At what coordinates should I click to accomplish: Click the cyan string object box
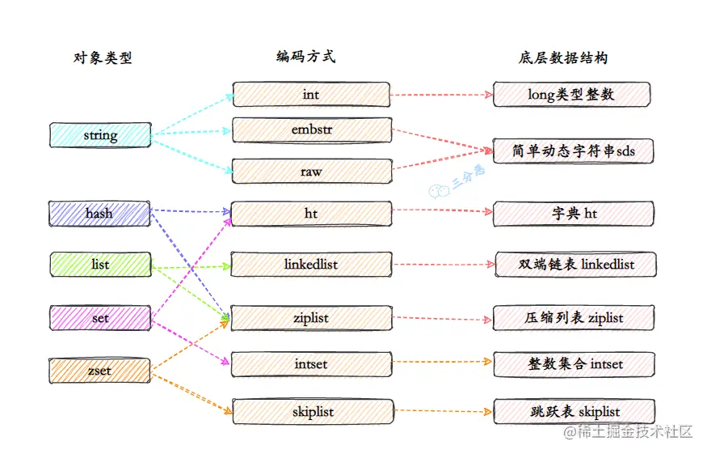click(100, 135)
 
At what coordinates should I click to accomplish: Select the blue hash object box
click(99, 214)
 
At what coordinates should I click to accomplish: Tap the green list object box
click(100, 265)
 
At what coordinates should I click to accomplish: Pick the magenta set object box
click(100, 318)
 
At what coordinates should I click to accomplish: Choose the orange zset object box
click(100, 371)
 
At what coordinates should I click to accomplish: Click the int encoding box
click(311, 95)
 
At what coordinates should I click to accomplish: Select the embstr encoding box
click(311, 130)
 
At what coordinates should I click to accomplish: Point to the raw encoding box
click(311, 171)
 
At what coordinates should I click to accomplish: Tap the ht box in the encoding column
click(311, 214)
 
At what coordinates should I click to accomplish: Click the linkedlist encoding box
click(311, 265)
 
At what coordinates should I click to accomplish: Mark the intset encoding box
click(311, 364)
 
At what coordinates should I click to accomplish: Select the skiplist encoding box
click(311, 412)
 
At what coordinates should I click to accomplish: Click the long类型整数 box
click(571, 95)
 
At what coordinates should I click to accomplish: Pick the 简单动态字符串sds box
click(571, 151)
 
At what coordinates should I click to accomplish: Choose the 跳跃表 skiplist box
click(573, 412)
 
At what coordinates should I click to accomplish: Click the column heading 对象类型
click(102, 58)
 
